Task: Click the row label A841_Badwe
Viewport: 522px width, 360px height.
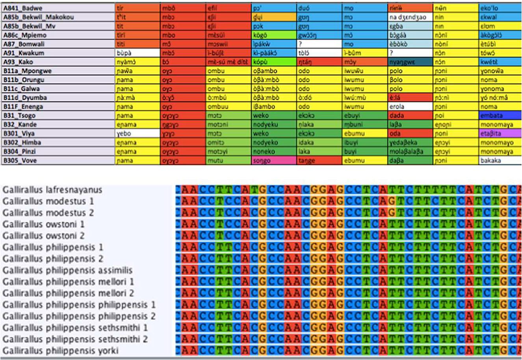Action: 23,8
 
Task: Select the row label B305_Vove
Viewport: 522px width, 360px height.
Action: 20,160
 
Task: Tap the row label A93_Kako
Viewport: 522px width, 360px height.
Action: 19,62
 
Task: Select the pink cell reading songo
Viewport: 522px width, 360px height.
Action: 274,160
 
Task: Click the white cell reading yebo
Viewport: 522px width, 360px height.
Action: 137,134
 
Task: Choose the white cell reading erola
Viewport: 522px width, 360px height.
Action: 410,106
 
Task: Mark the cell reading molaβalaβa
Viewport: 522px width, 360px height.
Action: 410,151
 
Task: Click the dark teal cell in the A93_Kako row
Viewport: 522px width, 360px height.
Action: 410,62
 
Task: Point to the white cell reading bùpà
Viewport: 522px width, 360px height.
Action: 137,53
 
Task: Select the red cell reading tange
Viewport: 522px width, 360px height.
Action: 319,160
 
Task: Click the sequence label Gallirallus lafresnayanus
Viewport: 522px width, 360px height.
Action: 52,190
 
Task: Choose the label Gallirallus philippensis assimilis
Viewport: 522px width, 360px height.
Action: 67,270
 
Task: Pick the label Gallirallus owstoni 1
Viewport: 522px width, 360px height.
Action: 43,224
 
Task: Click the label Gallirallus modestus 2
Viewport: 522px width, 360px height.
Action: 48,213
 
